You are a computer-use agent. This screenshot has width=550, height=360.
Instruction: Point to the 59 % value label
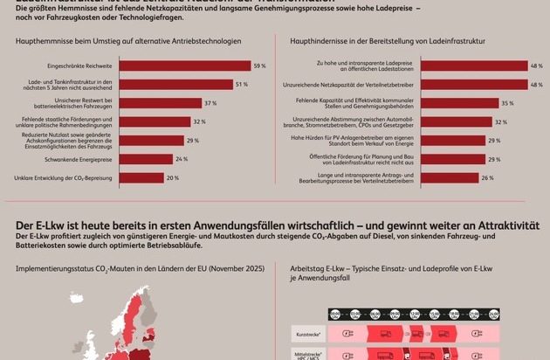point(259,66)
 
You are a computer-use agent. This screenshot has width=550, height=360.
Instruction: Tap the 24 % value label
point(182,159)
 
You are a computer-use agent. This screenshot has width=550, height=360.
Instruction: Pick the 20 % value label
point(173,177)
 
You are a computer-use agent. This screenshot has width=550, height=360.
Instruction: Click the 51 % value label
point(241,84)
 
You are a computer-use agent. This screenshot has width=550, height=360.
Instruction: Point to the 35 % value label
point(506,103)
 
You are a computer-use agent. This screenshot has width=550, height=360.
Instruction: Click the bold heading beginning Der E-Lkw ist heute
point(271,225)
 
